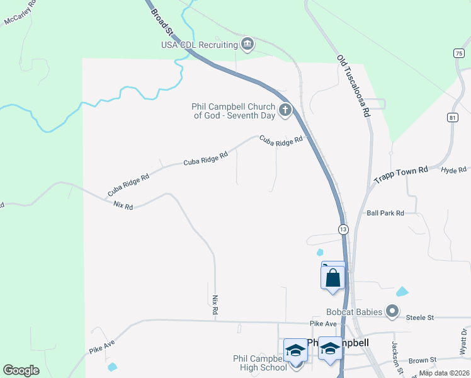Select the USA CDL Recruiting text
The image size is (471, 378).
coord(199,44)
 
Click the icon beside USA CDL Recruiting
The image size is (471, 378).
coord(247,43)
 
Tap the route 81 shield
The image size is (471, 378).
coord(453,118)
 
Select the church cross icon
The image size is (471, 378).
coord(285,111)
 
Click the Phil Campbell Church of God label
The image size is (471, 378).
coord(233,111)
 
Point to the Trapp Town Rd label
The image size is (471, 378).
coord(401,174)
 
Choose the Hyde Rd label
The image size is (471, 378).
coord(453,170)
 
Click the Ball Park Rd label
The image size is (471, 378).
coord(385,214)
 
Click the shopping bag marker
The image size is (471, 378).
coord(333,277)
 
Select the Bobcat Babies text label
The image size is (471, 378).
coord(354,312)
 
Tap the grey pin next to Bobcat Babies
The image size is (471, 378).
coord(393,311)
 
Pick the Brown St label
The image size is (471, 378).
coord(422,360)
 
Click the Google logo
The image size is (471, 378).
coord(21,370)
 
